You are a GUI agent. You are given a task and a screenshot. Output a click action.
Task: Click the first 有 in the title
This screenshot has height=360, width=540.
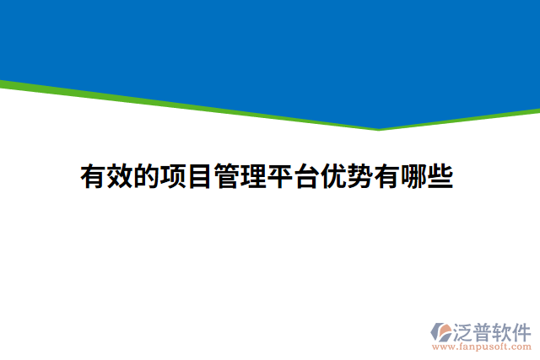pyautogui.click(x=94, y=177)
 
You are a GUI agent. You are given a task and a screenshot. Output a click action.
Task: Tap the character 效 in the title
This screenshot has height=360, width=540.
pyautogui.click(x=121, y=177)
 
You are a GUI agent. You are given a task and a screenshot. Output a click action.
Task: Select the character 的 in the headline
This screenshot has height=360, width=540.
pyautogui.click(x=148, y=177)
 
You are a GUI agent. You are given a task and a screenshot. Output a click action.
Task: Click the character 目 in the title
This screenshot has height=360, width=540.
pyautogui.click(x=201, y=177)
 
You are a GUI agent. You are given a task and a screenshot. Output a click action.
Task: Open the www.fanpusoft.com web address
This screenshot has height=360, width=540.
pyautogui.click(x=482, y=347)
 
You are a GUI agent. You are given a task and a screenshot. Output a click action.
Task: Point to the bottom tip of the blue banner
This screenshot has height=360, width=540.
pyautogui.click(x=379, y=127)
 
